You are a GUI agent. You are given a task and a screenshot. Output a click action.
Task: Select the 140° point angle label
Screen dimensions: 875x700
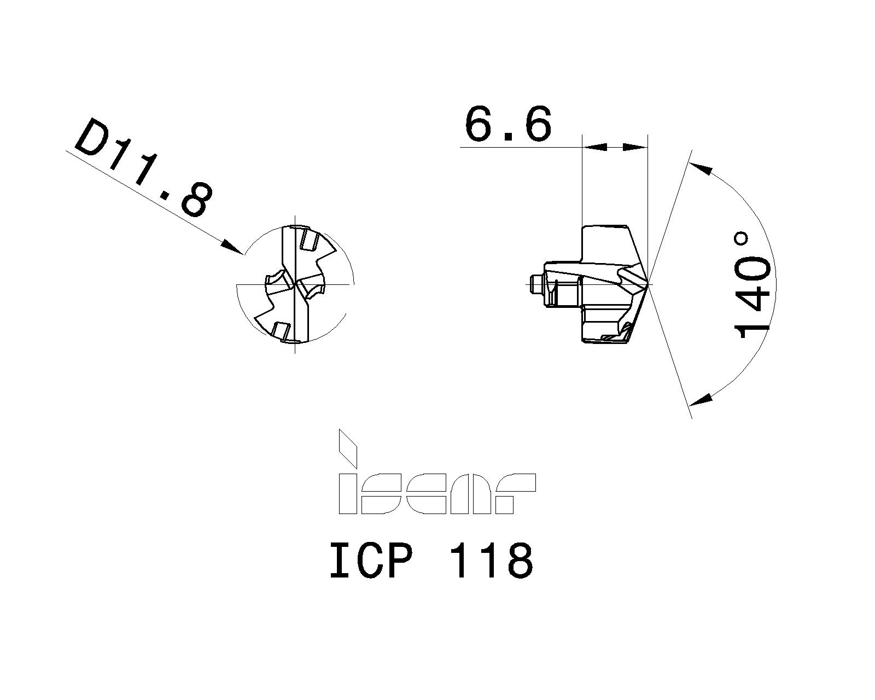(752, 286)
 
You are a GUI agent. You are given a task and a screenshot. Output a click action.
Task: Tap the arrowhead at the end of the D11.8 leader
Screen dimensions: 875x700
(232, 247)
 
